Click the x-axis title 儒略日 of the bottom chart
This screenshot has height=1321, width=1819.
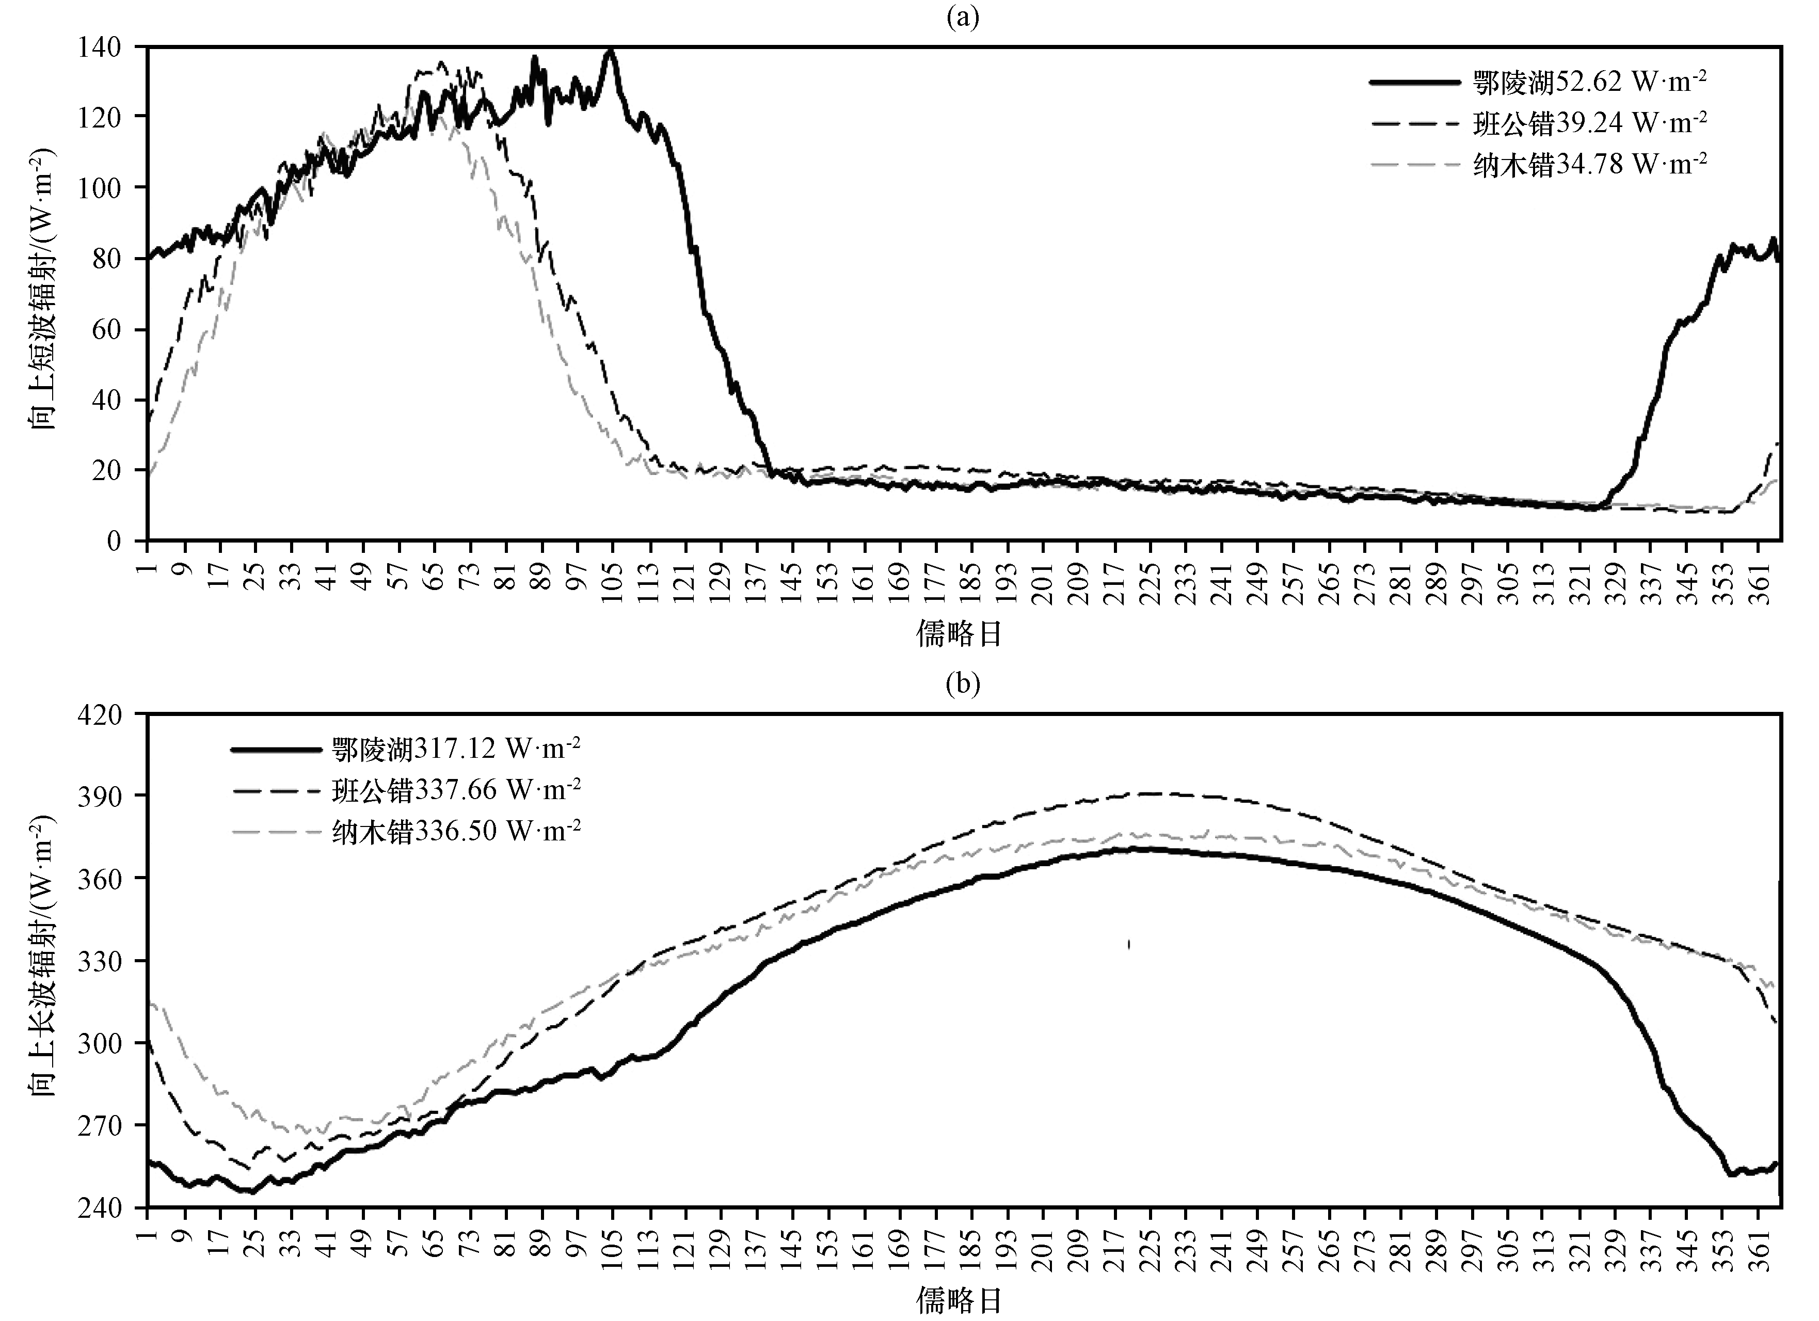pos(960,1301)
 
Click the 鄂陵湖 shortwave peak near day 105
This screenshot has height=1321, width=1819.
pos(610,50)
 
